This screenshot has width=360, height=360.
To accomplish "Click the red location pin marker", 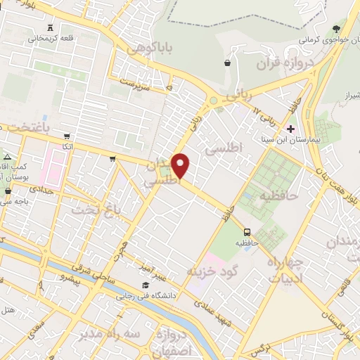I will (x=181, y=165).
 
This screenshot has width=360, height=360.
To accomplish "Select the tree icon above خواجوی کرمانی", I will (x=337, y=29).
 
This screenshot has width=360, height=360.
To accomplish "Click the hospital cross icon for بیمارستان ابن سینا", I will (x=291, y=129).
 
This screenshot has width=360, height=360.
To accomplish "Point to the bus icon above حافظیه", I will (x=247, y=232).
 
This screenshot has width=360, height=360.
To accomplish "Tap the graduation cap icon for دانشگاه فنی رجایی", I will (x=145, y=285).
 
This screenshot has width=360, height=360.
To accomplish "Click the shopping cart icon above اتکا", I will (x=67, y=136).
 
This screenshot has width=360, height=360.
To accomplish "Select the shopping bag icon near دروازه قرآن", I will (x=227, y=63).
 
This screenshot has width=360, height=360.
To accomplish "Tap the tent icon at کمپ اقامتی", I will (x=7, y=155).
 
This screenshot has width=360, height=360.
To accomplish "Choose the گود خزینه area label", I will (x=214, y=270).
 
